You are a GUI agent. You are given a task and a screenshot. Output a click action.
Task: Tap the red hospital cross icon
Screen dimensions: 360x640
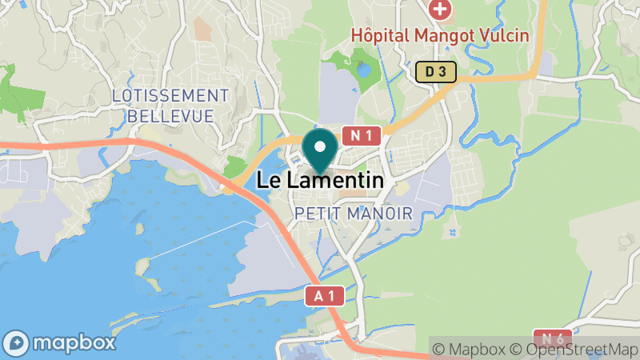tap(439, 10)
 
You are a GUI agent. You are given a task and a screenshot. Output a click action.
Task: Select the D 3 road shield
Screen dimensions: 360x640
tap(435, 73)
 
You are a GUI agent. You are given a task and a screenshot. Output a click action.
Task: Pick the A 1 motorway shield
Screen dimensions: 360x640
tap(325, 296)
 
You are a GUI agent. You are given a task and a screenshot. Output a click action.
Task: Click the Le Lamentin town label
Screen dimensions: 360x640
tap(320, 182)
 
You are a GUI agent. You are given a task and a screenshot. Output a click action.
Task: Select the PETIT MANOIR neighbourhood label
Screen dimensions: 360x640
tap(353, 214)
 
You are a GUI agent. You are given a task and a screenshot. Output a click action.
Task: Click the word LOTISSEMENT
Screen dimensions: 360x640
tap(170, 96)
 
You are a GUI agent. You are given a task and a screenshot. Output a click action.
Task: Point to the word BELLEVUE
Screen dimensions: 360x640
tap(170, 117)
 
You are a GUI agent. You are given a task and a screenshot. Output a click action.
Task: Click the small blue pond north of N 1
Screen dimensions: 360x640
tap(365, 70)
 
